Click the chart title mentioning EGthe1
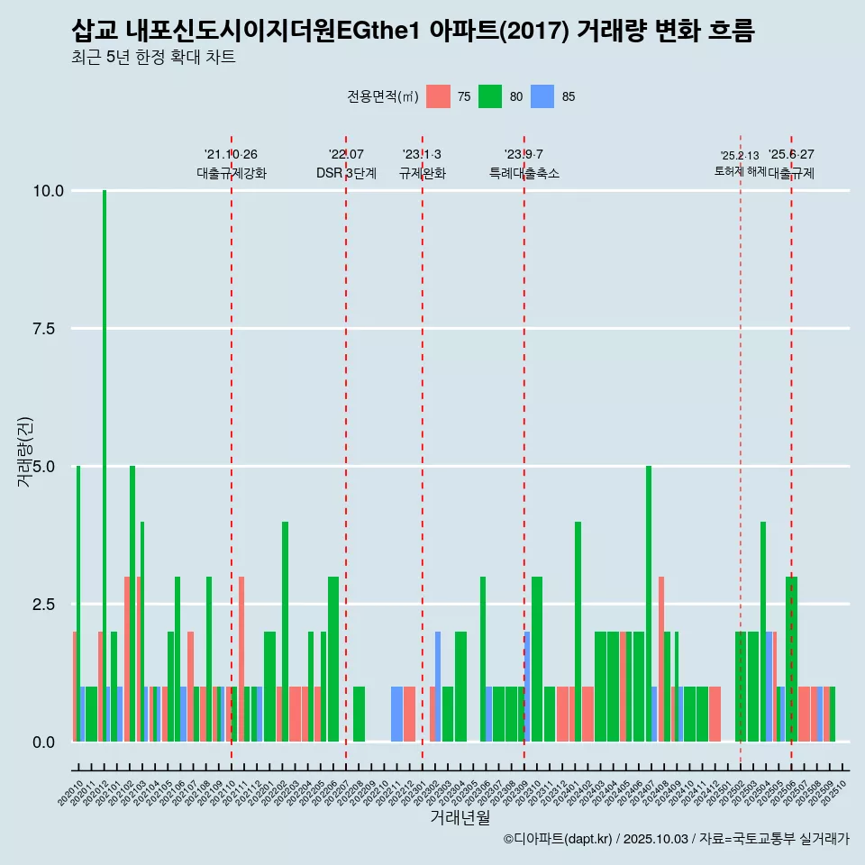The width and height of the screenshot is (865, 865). tap(413, 31)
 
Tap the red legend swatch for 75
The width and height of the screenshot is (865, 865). tap(438, 96)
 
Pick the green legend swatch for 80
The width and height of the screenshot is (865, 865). tap(490, 96)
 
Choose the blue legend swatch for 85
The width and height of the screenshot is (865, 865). tap(542, 96)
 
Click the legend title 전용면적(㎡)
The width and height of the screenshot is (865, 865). tap(382, 96)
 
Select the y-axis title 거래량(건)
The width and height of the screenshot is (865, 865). tap(25, 451)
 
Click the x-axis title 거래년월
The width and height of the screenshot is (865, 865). tap(460, 817)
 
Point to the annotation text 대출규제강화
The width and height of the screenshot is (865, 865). tap(232, 173)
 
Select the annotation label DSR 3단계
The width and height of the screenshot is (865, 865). tap(346, 173)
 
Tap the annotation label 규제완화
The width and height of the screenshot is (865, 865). tap(423, 173)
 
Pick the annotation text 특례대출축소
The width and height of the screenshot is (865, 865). tap(524, 173)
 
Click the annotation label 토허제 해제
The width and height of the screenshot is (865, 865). tap(741, 170)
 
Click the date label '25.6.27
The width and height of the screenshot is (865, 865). tap(791, 154)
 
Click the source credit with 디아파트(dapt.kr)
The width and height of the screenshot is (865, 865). tap(676, 839)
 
